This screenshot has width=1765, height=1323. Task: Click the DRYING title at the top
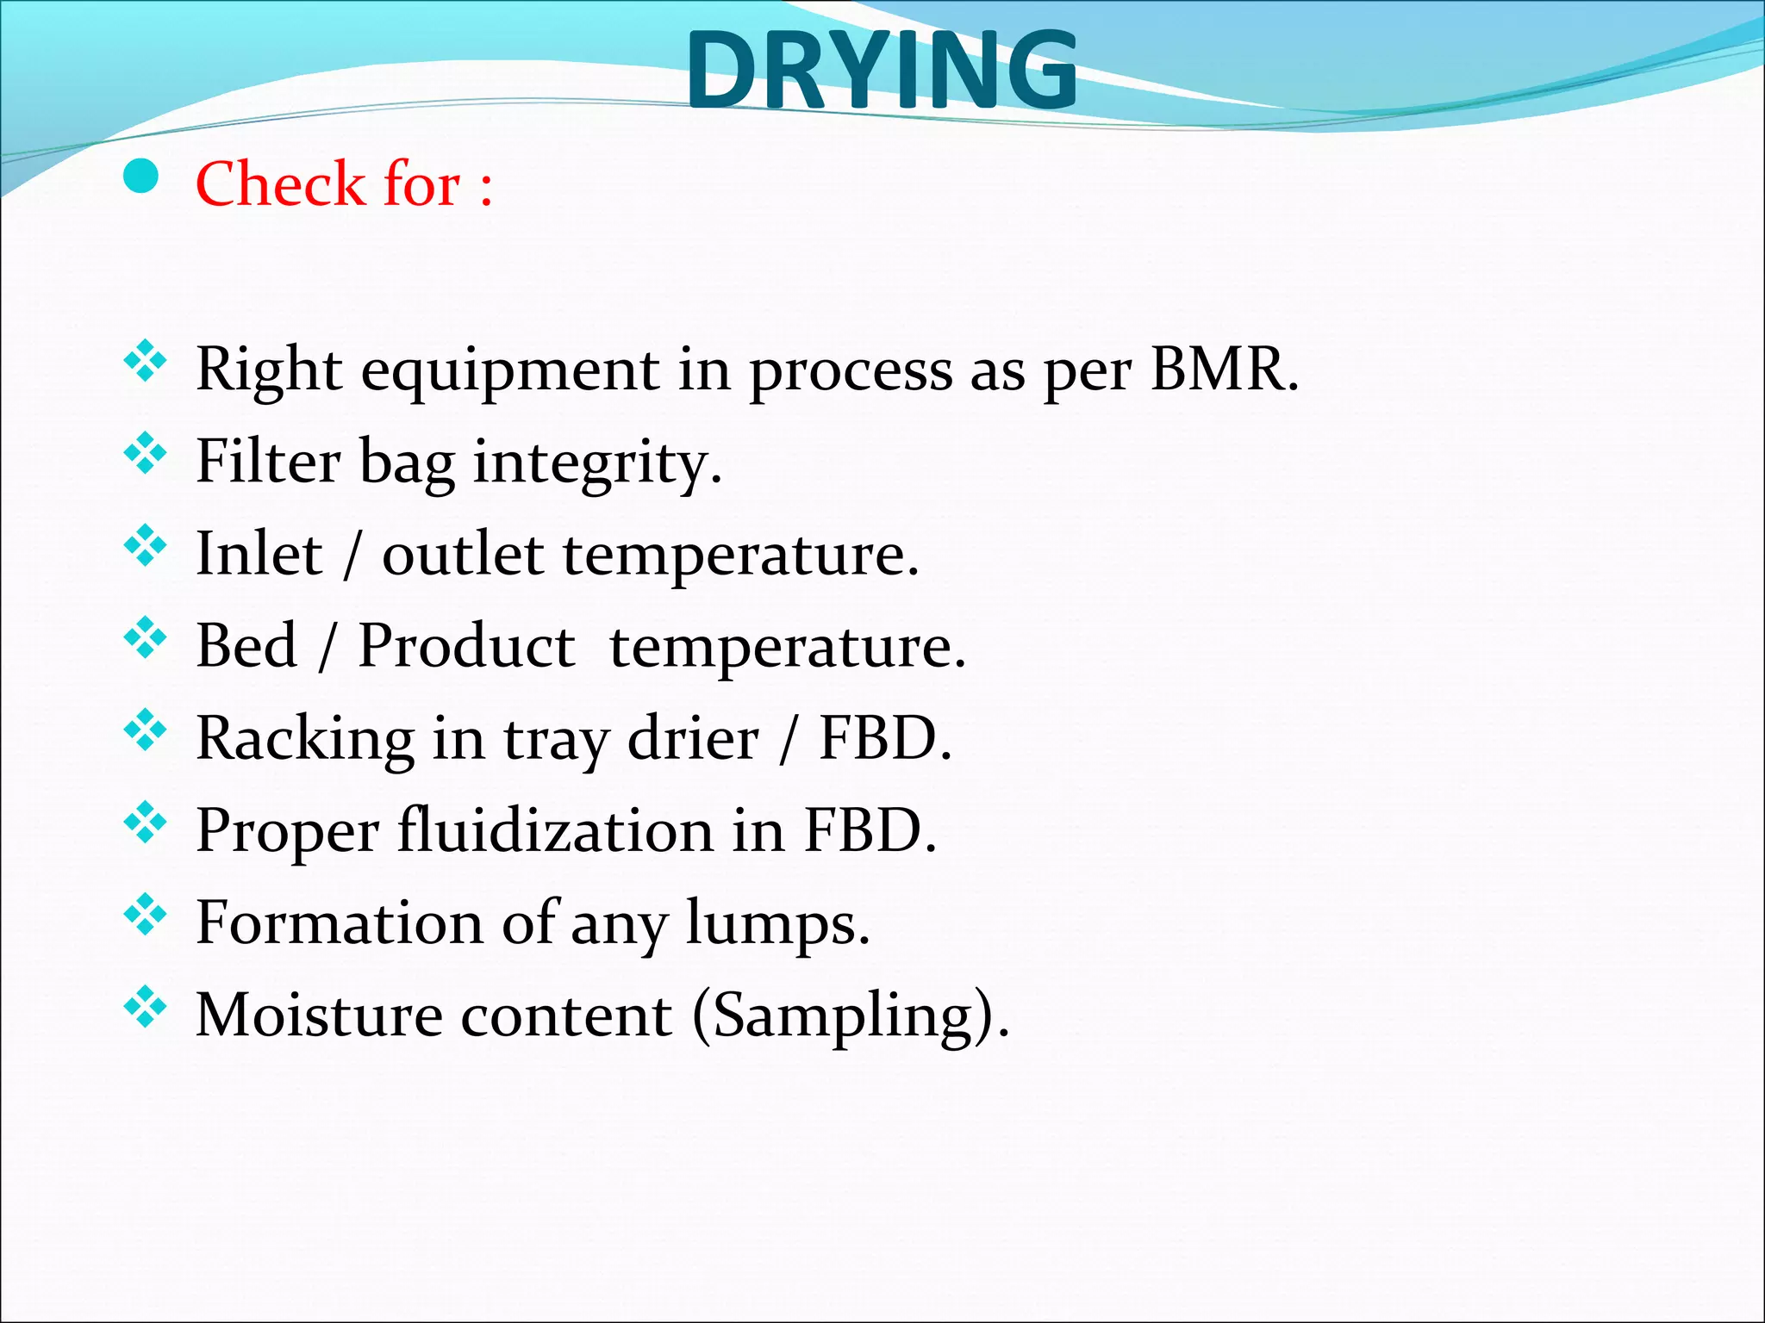tap(881, 71)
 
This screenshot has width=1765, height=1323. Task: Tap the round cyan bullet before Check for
tap(141, 177)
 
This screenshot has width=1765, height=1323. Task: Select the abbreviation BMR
tap(1224, 369)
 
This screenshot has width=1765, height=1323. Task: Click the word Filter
tap(268, 461)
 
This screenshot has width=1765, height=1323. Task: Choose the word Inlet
tap(259, 553)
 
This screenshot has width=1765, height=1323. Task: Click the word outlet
tap(463, 554)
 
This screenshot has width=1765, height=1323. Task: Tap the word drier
tap(693, 738)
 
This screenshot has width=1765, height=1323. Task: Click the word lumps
tap(777, 925)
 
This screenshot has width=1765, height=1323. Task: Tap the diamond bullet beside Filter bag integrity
tap(145, 453)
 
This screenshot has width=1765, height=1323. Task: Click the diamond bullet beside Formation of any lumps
tap(145, 915)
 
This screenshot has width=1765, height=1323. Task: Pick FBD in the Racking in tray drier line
tap(884, 738)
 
